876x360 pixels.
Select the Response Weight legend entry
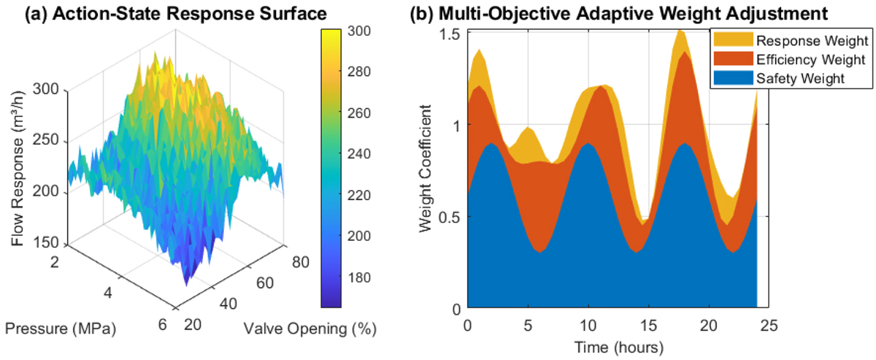point(800,41)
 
